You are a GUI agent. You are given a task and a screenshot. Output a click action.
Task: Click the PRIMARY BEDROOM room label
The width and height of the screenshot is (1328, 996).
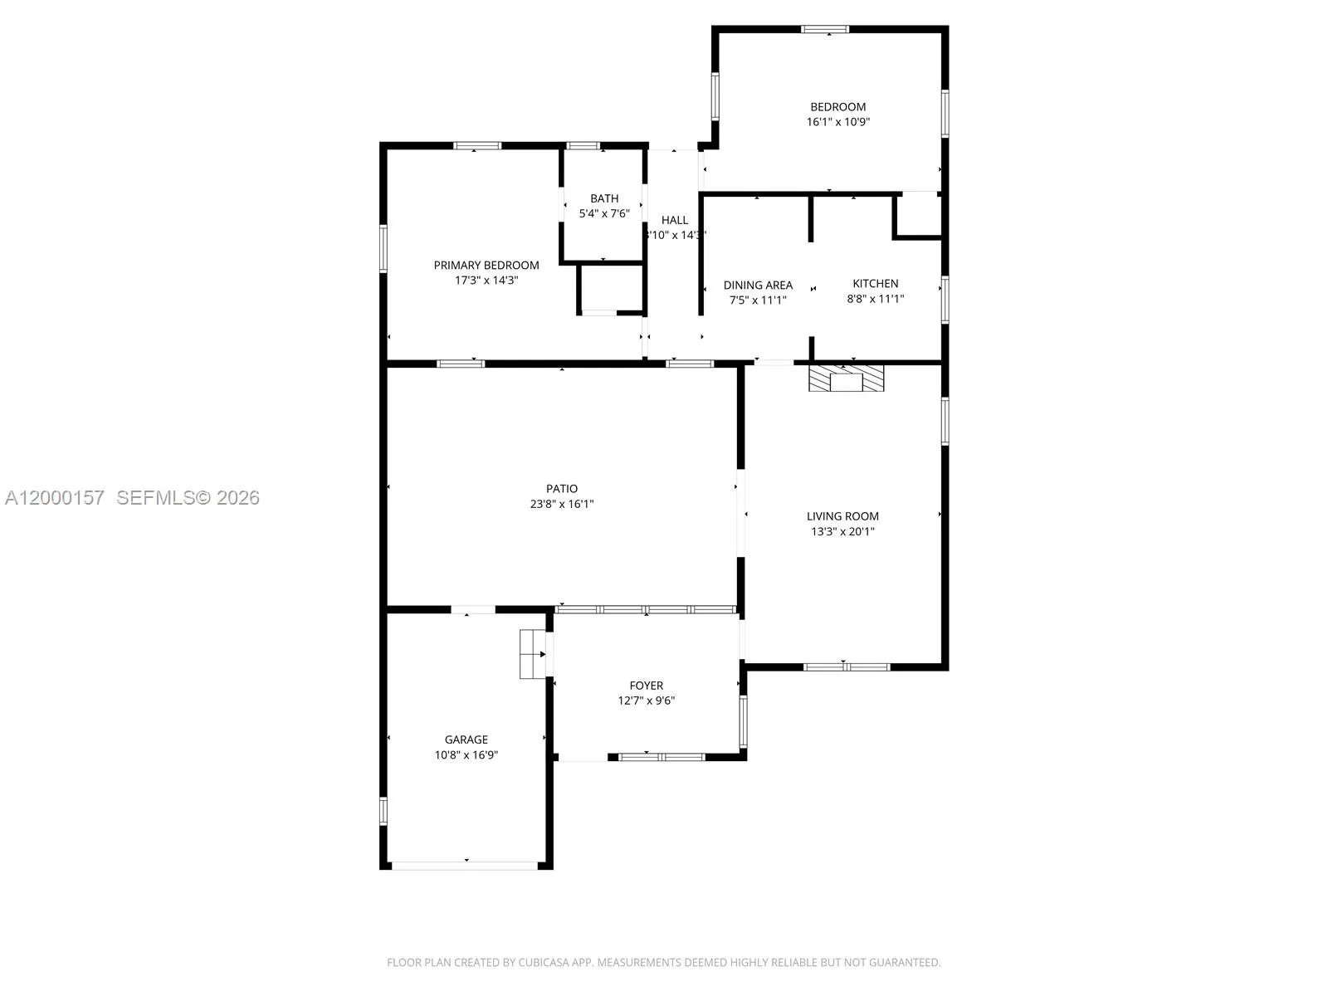(486, 266)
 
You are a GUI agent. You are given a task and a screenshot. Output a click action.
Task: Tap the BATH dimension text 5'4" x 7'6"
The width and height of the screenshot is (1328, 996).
(604, 213)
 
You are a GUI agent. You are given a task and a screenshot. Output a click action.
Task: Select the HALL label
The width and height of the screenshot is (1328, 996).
(675, 220)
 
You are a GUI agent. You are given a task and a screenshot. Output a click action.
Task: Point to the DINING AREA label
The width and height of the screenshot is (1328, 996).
(758, 285)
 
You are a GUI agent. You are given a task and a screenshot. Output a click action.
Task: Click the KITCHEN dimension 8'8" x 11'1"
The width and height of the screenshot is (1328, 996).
(875, 299)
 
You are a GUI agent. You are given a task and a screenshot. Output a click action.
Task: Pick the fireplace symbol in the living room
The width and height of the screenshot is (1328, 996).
(847, 378)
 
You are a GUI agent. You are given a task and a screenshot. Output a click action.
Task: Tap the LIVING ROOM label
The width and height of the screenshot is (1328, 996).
(842, 516)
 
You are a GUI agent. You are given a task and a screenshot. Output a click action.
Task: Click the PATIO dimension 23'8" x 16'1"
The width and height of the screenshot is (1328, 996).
(562, 504)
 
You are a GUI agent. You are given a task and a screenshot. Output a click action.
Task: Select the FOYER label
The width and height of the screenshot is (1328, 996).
(646, 686)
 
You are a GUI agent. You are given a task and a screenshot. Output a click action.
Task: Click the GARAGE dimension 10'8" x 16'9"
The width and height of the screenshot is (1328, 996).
(466, 754)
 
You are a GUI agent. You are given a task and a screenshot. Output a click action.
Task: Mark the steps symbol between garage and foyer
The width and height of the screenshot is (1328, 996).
(531, 654)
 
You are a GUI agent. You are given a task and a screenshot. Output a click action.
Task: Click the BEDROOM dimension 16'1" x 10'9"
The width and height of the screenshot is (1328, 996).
(838, 122)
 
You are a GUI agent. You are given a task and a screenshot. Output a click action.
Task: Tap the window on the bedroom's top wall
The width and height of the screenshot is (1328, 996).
(825, 30)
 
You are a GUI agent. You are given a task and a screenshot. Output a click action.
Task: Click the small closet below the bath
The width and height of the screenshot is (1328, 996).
(611, 288)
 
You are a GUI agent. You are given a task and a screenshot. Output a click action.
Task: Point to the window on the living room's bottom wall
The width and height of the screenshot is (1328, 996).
(847, 666)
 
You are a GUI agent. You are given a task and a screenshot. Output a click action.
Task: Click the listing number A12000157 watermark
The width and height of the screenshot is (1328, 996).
(55, 497)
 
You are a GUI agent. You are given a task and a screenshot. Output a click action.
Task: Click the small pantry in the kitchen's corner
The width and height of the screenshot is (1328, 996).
(918, 216)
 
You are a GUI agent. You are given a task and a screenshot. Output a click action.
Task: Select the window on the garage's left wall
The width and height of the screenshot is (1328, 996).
(383, 811)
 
